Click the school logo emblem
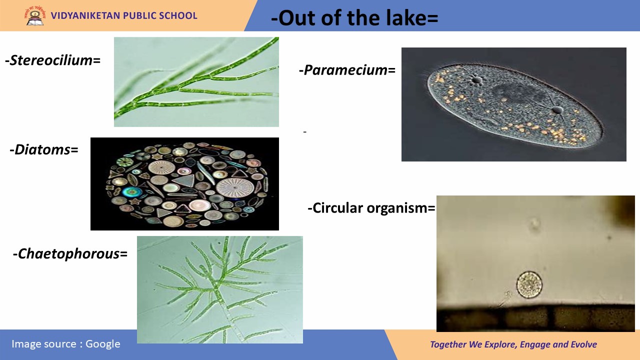pyautogui.click(x=35, y=15)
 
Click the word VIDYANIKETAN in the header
pyautogui.click(x=85, y=15)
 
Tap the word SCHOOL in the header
pyautogui.click(x=178, y=15)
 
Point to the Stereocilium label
pyautogui.click(x=53, y=60)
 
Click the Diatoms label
pyautogui.click(x=44, y=149)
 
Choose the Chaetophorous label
pyautogui.click(x=70, y=253)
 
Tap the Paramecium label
pyautogui.click(x=347, y=70)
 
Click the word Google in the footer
pyautogui.click(x=103, y=344)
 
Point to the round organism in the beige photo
pyautogui.click(x=529, y=285)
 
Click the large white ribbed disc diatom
pyautogui.click(x=235, y=187)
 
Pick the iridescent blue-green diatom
pyautogui.click(x=132, y=192)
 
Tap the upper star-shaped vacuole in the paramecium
pyautogui.click(x=476, y=79)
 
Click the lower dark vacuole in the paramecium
pyautogui.click(x=557, y=110)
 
